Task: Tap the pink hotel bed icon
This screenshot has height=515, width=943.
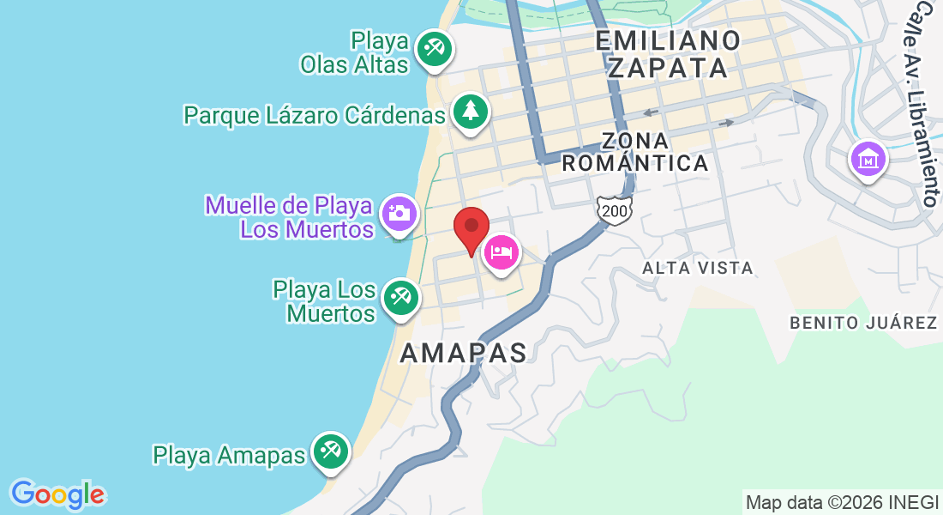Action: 502,252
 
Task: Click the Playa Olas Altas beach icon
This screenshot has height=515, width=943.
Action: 434,47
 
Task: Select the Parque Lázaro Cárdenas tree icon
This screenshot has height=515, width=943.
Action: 470,111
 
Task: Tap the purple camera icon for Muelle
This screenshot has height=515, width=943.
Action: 399,211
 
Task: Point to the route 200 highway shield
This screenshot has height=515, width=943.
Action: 613,210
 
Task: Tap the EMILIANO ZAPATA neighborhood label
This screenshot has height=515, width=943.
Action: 668,53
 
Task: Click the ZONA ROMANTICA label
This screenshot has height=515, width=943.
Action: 635,151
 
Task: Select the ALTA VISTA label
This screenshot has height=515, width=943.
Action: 698,269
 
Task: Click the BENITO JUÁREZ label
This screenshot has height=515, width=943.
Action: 863,324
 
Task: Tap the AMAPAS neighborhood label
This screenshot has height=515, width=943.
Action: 463,352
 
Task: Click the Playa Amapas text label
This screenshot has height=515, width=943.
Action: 229,455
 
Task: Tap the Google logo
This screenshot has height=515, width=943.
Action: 57,494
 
